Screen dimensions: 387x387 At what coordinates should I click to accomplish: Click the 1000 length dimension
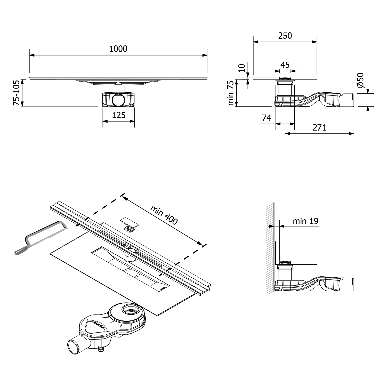pyautogui.click(x=118, y=49)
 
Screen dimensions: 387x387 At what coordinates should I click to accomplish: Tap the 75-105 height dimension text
pyautogui.click(x=16, y=93)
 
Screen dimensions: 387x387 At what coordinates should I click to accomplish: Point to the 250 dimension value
pyautogui.click(x=285, y=36)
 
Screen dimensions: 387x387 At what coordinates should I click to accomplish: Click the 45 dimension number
pyautogui.click(x=285, y=65)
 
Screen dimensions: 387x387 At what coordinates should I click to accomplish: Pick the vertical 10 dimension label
pyautogui.click(x=241, y=68)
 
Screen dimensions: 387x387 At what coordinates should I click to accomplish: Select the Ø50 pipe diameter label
pyautogui.click(x=360, y=80)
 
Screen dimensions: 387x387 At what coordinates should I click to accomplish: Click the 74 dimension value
pyautogui.click(x=267, y=118)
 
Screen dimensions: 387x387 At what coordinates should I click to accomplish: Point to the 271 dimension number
pyautogui.click(x=319, y=127)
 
